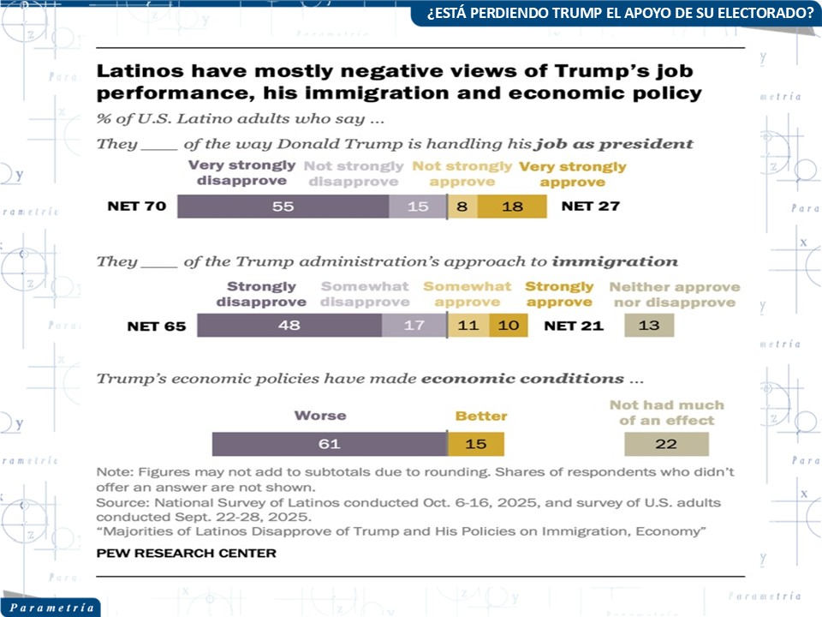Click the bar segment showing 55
(x=283, y=207)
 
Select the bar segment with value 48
(x=289, y=326)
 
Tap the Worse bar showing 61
(x=330, y=444)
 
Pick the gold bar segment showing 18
(x=511, y=207)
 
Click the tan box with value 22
(x=665, y=444)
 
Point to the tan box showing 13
(x=648, y=326)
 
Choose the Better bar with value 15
(x=476, y=444)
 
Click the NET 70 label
(x=137, y=207)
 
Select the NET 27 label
(x=590, y=207)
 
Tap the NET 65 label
(x=157, y=326)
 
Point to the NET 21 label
(x=574, y=326)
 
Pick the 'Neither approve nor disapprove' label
(x=674, y=295)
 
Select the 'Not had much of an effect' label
(x=666, y=412)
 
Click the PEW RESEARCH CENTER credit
(x=186, y=553)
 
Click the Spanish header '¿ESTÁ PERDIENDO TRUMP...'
(x=614, y=13)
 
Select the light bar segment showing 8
(x=462, y=207)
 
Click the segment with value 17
(x=414, y=326)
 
